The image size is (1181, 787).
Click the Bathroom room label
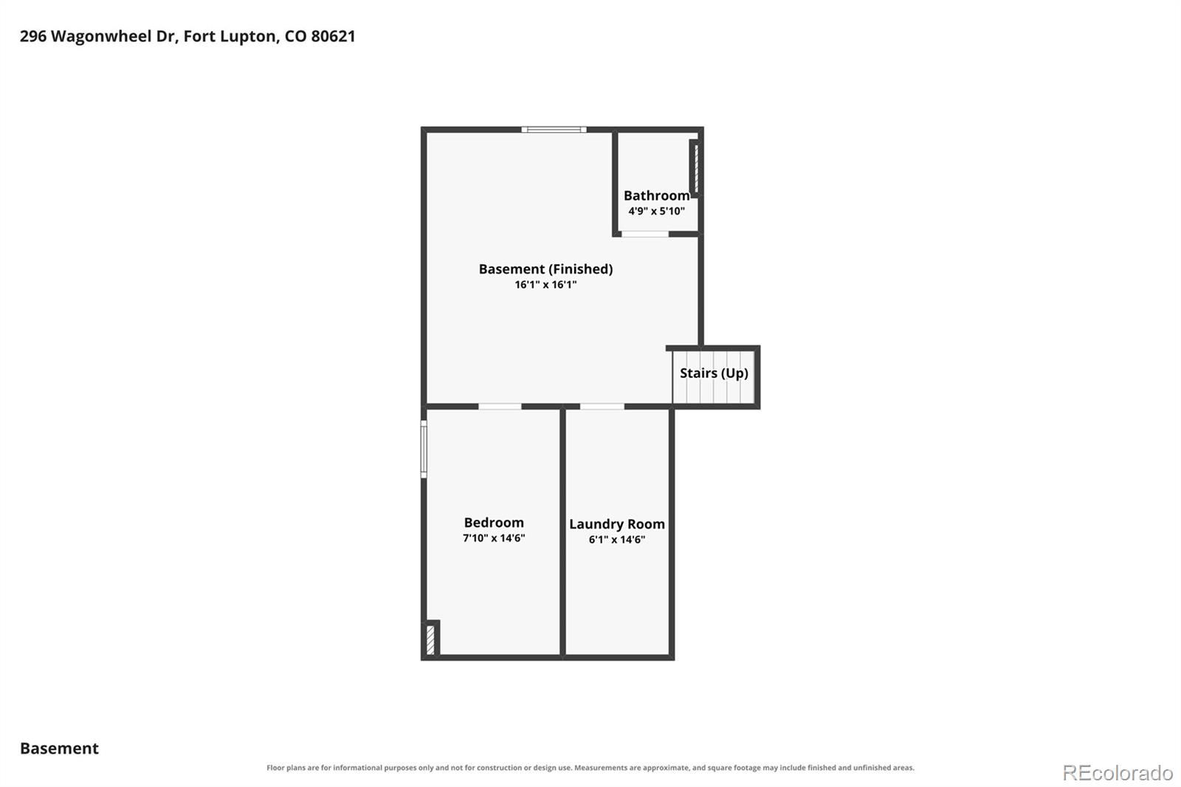click(656, 196)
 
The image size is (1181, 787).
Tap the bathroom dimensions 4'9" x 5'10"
click(656, 211)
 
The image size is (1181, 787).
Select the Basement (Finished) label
click(545, 269)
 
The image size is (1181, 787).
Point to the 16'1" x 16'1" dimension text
click(545, 284)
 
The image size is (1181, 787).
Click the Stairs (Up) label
click(714, 374)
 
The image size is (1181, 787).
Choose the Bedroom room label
click(494, 522)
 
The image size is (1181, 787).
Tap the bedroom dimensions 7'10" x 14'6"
click(494, 538)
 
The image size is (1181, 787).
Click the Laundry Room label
click(617, 524)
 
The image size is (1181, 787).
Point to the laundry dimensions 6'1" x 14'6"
click(617, 539)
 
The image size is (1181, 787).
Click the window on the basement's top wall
click(554, 130)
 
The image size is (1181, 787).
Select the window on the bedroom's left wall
click(424, 449)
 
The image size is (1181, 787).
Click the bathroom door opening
click(645, 234)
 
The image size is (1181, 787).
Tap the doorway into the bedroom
click(500, 406)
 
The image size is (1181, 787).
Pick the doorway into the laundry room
click(602, 406)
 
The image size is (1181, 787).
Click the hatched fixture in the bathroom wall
click(695, 168)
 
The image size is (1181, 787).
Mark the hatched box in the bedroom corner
click(431, 639)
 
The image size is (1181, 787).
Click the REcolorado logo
click(1118, 773)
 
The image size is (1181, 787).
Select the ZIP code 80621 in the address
click(333, 36)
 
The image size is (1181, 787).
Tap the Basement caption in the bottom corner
click(60, 748)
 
